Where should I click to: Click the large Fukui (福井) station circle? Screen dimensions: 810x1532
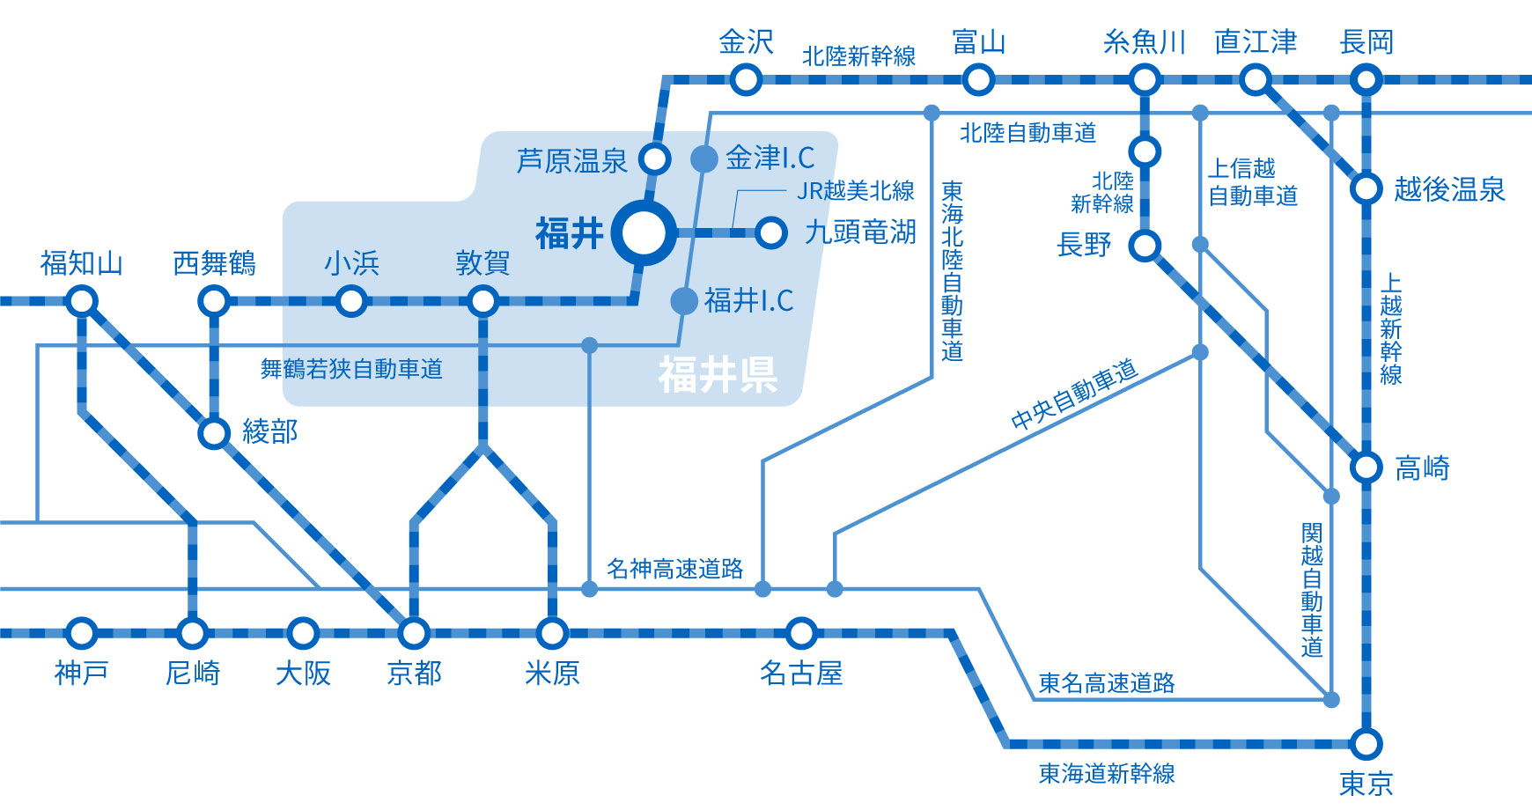[x=644, y=233]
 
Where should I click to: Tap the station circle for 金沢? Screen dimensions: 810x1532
[x=746, y=80]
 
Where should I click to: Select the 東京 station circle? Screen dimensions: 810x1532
[x=1366, y=744]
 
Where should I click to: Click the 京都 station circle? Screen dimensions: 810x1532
[x=413, y=633]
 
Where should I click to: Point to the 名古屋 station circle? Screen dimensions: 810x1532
[x=801, y=633]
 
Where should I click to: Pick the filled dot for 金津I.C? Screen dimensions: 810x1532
[x=703, y=158]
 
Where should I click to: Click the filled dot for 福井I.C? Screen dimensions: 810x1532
[x=684, y=301]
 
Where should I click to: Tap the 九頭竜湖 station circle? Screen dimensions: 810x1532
[x=770, y=233]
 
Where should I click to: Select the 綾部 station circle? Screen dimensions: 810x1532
[x=214, y=433]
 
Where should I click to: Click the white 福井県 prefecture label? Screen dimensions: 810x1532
[x=718, y=375]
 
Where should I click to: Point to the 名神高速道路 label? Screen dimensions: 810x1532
[x=674, y=569]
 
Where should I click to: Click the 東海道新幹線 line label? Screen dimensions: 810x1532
[x=1107, y=774]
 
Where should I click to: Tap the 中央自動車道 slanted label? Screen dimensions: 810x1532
[x=1074, y=395]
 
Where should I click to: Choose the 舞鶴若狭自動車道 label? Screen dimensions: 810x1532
[x=351, y=369]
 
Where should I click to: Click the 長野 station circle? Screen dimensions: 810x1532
[x=1145, y=246]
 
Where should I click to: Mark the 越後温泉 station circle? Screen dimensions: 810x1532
[x=1366, y=188]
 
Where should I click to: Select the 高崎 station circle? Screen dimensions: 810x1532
[x=1366, y=468]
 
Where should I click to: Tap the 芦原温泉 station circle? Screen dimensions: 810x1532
[x=654, y=159]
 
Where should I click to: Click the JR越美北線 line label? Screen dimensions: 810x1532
[x=855, y=191]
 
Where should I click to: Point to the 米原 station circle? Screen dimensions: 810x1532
[x=552, y=633]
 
